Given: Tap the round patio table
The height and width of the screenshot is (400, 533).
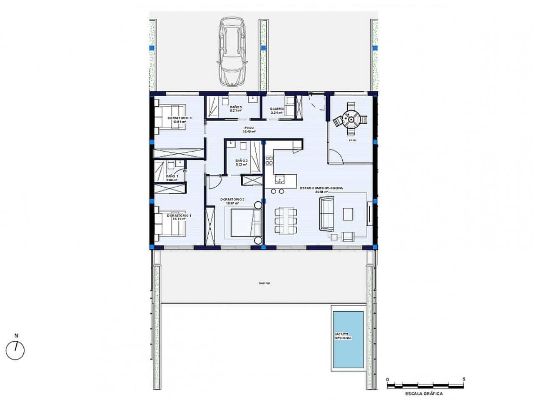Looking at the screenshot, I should (x=351, y=120).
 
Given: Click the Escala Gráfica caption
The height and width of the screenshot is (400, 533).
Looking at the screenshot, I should (x=423, y=393).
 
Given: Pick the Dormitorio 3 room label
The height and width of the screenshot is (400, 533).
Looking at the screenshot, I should (x=179, y=120).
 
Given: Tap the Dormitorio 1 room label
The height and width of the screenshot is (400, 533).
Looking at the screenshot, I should (x=179, y=217).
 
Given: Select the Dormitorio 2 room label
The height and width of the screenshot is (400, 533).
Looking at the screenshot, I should (x=232, y=201).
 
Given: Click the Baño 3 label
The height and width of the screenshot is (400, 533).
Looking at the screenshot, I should (x=236, y=109).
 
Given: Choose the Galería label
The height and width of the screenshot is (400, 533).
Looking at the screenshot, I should (x=276, y=110).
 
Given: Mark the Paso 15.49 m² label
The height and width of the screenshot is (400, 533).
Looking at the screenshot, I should (x=249, y=130).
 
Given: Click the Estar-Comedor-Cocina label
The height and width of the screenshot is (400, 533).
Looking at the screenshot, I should (x=321, y=190).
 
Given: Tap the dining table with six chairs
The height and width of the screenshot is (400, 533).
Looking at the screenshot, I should (x=286, y=220).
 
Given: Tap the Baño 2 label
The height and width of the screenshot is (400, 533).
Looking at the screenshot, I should (x=242, y=162).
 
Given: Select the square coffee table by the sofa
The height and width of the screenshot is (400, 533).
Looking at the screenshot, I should (x=348, y=214).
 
